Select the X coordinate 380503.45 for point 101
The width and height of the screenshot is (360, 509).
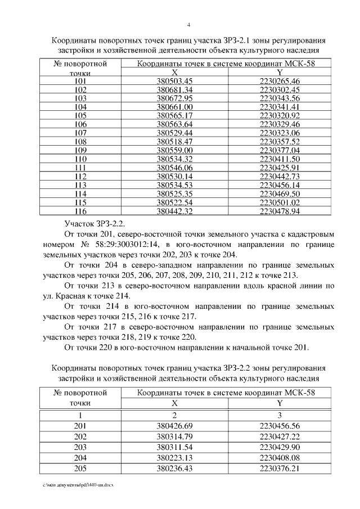point(174,82)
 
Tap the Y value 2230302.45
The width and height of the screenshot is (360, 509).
point(280,90)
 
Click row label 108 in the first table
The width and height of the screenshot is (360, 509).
point(80,142)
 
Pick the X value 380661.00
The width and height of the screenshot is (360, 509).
point(174,107)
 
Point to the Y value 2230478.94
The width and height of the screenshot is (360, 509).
point(280,211)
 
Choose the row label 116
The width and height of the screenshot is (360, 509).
point(80,211)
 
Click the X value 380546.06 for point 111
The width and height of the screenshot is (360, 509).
point(174,168)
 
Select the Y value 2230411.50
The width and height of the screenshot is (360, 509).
point(280,159)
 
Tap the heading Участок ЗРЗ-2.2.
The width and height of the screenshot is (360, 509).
point(91,223)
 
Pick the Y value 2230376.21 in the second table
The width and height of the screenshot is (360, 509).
point(280,469)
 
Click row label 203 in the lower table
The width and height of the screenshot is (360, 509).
point(80,447)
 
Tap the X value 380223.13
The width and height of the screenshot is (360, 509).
point(174,458)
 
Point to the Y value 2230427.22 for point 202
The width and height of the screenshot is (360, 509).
point(280,436)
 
